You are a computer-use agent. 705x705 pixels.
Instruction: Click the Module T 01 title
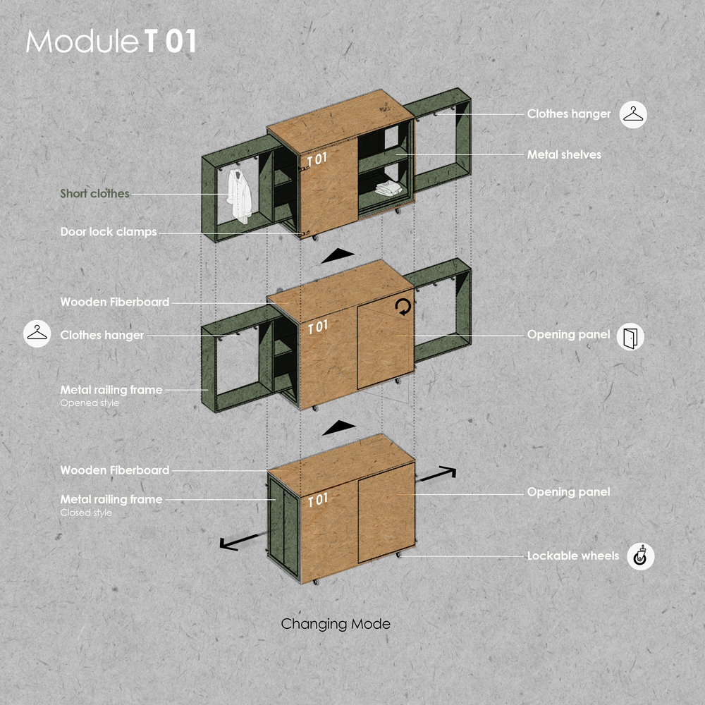pos(111,42)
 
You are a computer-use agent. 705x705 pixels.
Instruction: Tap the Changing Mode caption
pos(335,624)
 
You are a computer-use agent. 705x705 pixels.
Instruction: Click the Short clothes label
pos(94,193)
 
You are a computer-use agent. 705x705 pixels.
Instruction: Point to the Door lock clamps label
pos(108,231)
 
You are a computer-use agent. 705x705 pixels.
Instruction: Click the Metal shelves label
pos(564,154)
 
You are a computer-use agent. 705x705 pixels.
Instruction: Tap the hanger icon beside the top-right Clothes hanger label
pos(634,114)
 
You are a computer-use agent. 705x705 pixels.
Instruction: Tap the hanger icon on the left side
pos(37,334)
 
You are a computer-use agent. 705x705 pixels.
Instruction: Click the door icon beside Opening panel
pos(630,337)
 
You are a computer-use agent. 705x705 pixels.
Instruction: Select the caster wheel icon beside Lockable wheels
pos(641,556)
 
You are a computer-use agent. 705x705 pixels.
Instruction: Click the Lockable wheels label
pos(573,556)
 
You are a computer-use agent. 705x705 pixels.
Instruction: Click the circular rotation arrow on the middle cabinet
pos(403,306)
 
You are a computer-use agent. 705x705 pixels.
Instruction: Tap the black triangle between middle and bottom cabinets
pos(338,427)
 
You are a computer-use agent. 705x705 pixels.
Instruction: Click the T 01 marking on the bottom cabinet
pos(318,500)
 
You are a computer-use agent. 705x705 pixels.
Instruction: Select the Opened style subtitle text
pos(90,403)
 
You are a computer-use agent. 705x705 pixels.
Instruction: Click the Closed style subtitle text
pos(85,513)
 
